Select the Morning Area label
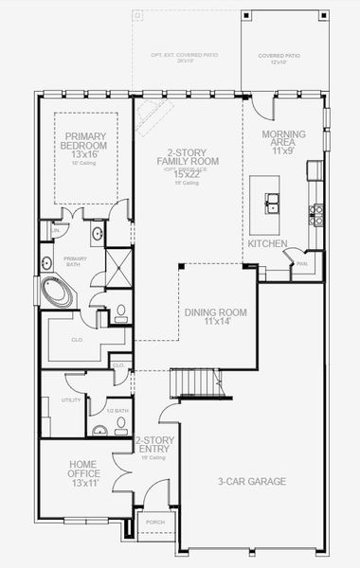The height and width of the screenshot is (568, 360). click(x=283, y=143)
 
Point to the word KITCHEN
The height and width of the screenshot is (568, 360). click(x=267, y=243)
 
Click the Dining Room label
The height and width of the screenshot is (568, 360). click(x=214, y=317)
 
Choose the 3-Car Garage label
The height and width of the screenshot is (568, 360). click(x=253, y=482)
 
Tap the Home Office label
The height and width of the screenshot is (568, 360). click(x=82, y=470)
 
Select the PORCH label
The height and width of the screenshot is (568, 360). click(x=152, y=523)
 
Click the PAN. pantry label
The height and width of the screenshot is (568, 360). click(x=300, y=265)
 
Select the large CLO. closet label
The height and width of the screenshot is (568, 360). click(x=79, y=338)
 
